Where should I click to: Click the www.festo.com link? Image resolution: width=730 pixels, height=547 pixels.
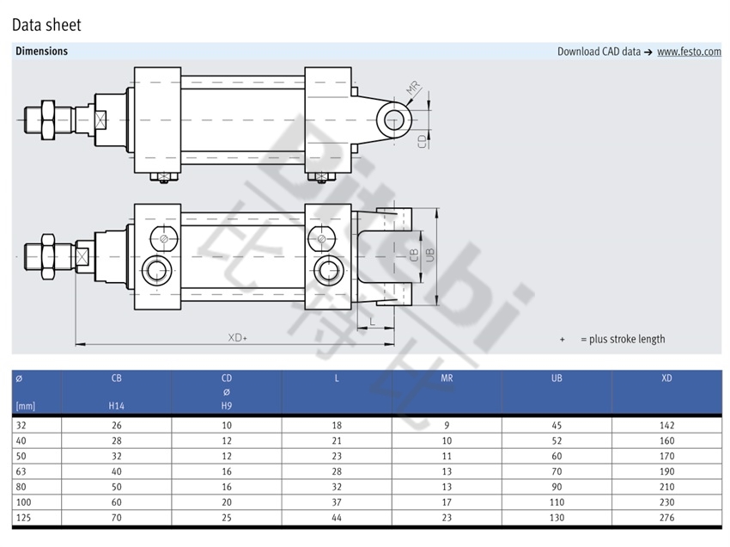[x=689, y=52]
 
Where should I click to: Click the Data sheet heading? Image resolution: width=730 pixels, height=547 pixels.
[x=46, y=25]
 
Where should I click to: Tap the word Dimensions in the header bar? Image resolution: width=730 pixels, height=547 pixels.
[x=41, y=51]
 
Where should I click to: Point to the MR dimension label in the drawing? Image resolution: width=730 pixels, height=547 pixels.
[x=413, y=87]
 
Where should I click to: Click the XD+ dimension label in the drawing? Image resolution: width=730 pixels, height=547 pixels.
[x=237, y=337]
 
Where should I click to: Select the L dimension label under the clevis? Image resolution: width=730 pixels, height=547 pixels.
[x=372, y=322]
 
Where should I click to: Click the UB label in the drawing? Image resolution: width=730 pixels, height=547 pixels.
[x=429, y=255]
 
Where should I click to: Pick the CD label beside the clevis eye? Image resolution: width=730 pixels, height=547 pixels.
[x=423, y=141]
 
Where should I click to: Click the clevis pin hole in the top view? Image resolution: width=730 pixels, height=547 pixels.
[x=394, y=120]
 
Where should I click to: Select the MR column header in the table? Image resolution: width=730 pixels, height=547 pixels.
[x=447, y=378]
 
